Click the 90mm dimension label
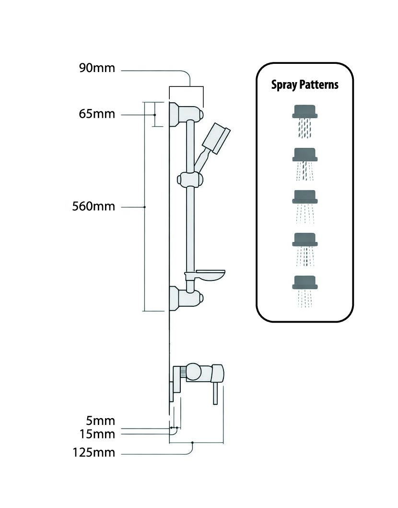pyautogui.click(x=97, y=68)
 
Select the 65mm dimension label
pyautogui.click(x=97, y=114)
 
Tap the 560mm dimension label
pyautogui.click(x=94, y=207)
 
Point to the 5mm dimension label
pyautogui.click(x=101, y=421)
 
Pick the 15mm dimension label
pyautogui.click(x=97, y=434)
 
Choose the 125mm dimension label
pyautogui.click(x=94, y=452)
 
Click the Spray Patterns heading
pyautogui.click(x=305, y=85)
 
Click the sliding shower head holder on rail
pyautogui.click(x=190, y=180)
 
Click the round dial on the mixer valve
pyautogui.click(x=194, y=372)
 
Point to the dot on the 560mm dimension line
pyautogui.click(x=145, y=207)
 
